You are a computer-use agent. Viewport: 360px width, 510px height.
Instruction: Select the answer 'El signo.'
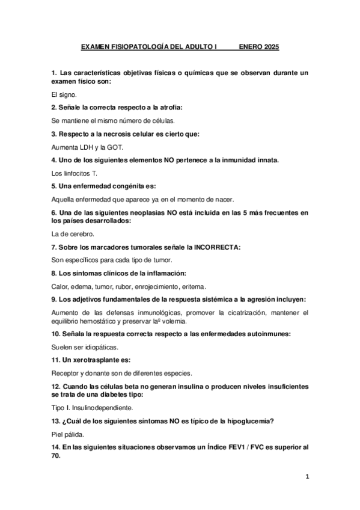pos(64,94)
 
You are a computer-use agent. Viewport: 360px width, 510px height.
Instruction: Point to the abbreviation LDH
pos(87,147)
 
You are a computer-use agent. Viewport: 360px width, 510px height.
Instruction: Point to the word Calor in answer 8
pos(60,286)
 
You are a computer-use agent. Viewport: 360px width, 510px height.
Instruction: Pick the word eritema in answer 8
pos(193,286)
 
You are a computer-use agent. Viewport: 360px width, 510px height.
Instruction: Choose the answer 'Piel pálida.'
pos(70,433)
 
